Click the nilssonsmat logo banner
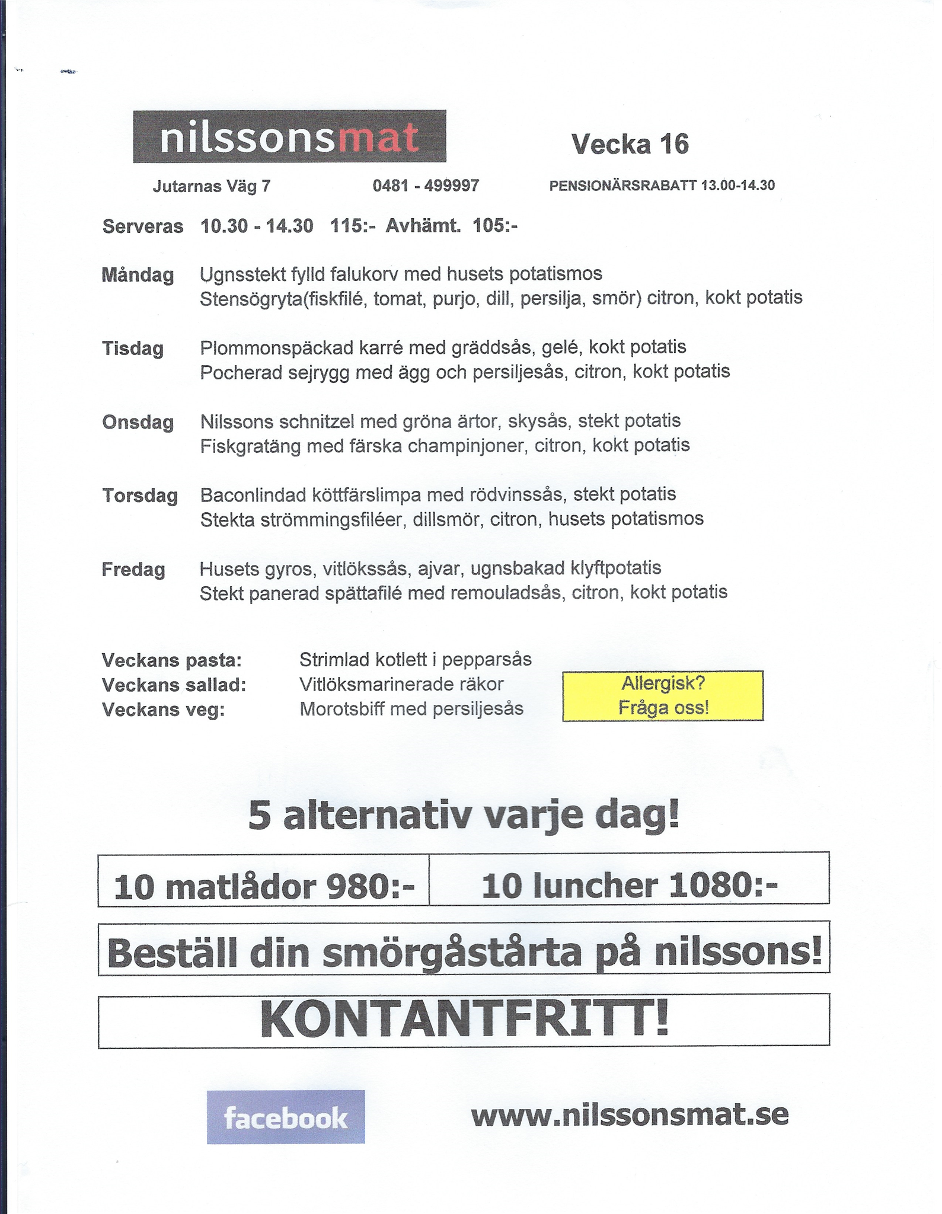(289, 136)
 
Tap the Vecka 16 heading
(630, 144)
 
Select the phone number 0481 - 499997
(426, 186)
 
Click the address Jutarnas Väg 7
(212, 187)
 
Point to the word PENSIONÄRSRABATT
(622, 186)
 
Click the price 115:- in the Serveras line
(353, 226)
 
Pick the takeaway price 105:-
(495, 226)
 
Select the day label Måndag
(138, 275)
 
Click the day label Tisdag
(133, 348)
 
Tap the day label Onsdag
(138, 422)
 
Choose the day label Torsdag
(140, 496)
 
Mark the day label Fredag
(133, 570)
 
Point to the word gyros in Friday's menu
(289, 569)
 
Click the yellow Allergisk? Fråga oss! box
(663, 696)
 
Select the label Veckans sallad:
(174, 685)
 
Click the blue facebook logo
(286, 1117)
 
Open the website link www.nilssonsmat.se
(630, 1114)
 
